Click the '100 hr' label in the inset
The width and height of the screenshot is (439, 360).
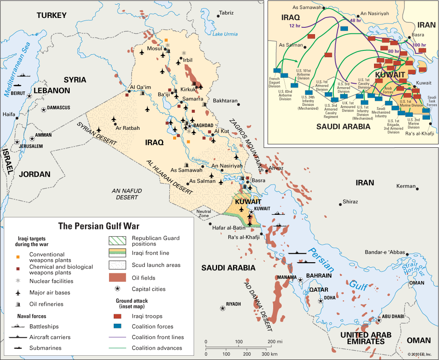coord(419,45)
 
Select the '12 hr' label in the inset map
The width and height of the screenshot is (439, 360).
coord(295,26)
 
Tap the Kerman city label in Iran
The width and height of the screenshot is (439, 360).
coord(406,186)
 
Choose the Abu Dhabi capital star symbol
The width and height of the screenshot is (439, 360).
coord(378,319)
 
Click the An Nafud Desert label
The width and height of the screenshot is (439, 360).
coord(127,194)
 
